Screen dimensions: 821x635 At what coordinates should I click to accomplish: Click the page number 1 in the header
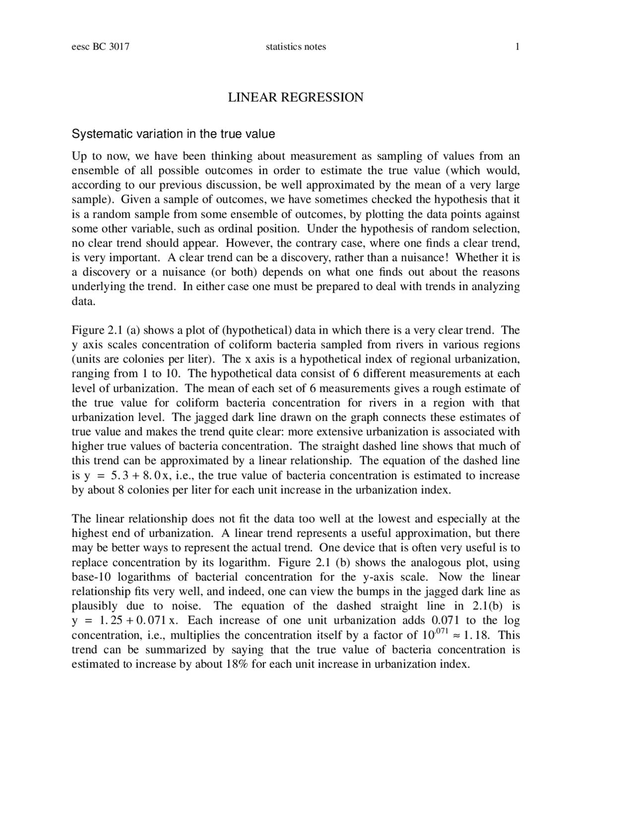(517, 47)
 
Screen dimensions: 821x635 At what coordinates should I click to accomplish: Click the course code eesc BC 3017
(101, 47)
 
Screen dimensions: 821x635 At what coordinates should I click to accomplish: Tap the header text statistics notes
(296, 47)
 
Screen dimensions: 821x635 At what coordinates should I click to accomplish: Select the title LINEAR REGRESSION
(296, 97)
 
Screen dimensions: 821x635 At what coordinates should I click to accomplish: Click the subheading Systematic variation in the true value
(173, 134)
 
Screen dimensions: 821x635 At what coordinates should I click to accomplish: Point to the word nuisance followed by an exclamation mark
(427, 258)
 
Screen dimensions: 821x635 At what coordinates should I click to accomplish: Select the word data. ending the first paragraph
(83, 301)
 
